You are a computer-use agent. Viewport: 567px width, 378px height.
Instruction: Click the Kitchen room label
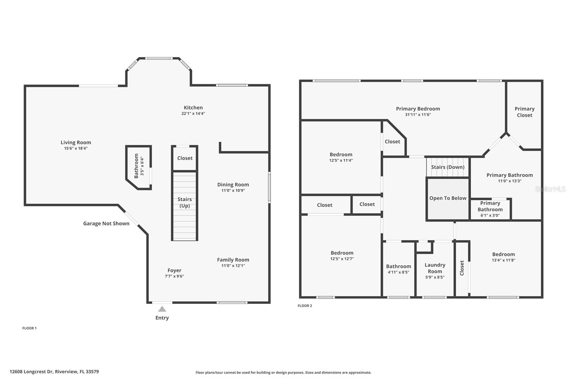(193, 107)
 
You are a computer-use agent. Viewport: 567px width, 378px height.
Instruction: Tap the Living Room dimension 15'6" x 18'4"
(75, 148)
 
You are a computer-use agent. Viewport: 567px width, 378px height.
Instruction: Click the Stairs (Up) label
(184, 202)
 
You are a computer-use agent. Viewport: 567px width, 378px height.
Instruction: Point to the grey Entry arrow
(162, 309)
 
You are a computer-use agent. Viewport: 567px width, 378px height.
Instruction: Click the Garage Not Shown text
(106, 223)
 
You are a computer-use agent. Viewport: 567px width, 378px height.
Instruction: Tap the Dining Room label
(233, 184)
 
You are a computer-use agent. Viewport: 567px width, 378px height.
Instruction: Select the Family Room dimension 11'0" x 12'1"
(233, 266)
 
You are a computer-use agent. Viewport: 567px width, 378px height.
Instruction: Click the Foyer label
(174, 270)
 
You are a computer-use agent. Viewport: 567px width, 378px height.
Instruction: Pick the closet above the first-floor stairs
(185, 158)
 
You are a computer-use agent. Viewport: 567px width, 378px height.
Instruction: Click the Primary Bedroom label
(418, 109)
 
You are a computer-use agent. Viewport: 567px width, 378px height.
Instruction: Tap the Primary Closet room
(524, 112)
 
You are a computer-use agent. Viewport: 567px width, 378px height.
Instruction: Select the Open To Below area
(448, 198)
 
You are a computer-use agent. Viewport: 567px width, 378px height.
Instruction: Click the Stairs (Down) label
(448, 167)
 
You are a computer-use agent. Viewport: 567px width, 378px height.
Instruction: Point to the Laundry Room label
(435, 268)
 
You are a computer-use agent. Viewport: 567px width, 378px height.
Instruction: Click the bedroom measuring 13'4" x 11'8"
(503, 257)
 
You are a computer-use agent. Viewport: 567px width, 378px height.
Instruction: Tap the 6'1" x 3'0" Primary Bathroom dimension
(490, 215)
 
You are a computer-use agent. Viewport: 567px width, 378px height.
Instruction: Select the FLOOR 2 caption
(305, 306)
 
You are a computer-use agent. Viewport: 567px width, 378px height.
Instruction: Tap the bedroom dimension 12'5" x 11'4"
(341, 160)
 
